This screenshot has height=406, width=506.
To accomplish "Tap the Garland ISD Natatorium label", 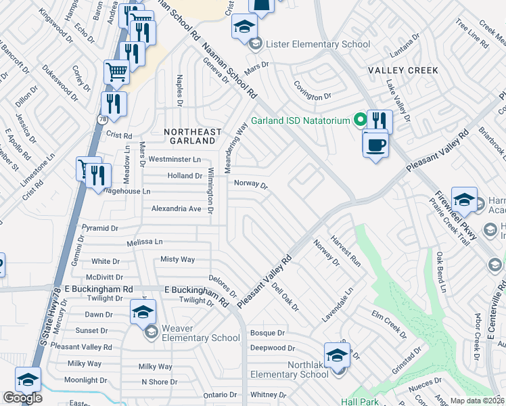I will point(300,121).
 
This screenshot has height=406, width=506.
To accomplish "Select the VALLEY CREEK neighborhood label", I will point(403,70).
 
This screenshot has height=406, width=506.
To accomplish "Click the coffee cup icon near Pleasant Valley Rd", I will point(375,143).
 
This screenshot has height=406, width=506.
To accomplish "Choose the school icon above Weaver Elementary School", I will point(143,312).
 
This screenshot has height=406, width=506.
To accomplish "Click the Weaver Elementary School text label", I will point(200,333).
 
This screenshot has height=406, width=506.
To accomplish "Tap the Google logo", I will point(22,398).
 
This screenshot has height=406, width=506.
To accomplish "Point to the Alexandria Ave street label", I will point(176,209).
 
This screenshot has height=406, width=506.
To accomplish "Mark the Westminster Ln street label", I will point(175,160).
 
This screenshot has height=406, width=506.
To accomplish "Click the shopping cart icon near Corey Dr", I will point(116,72).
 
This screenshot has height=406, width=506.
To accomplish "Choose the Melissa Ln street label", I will point(145,242).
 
